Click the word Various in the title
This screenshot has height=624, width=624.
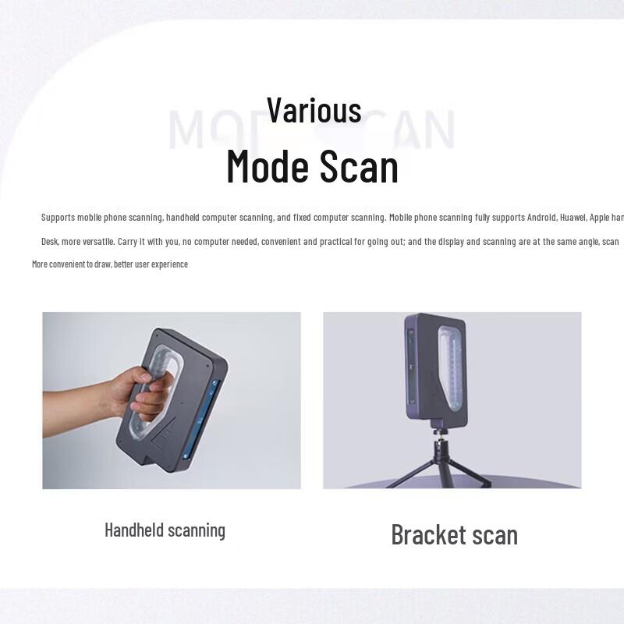point(314,110)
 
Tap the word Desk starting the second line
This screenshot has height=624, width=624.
point(51,242)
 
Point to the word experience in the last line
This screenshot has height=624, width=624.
point(165,264)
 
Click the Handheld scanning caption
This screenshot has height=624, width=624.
point(165,530)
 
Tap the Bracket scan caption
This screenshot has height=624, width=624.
point(454,535)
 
